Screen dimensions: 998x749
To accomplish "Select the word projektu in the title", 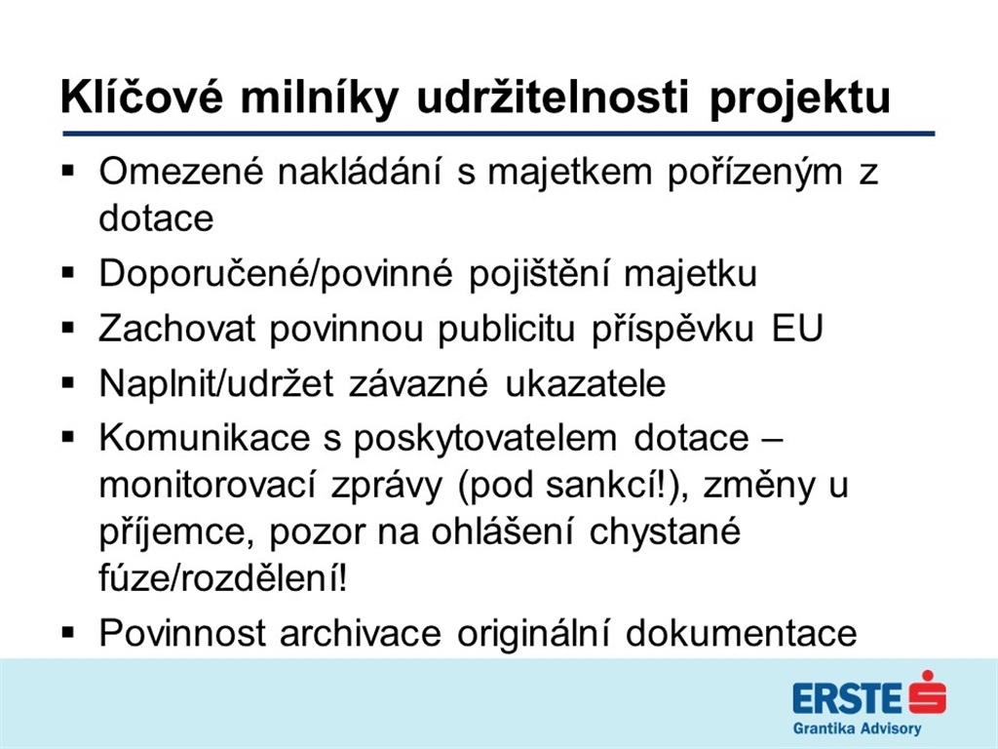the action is [799, 100].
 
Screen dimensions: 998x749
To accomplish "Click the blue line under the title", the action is [498, 134].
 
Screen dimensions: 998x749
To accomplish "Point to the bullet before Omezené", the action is [68, 172].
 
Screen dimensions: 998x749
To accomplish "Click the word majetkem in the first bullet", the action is [569, 172].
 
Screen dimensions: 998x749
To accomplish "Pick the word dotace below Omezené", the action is [156, 217].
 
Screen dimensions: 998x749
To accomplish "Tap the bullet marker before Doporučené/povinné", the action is [68, 273].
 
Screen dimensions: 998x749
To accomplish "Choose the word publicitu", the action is [507, 330].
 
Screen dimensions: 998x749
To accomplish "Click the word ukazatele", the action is [585, 383].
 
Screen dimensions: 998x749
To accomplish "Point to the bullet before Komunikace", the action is [68, 438].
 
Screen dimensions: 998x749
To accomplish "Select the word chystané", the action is [665, 532].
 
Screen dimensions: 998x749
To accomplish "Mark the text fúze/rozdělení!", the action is [223, 577].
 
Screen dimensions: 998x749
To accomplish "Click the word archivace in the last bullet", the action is [361, 633].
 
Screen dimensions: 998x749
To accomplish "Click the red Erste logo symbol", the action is [927, 692].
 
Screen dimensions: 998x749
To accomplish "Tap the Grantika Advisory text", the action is [857, 729].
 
